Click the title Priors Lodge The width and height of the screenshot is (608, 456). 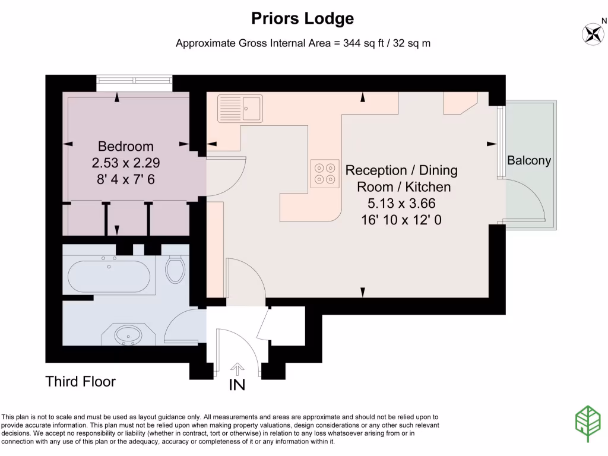[x=303, y=18]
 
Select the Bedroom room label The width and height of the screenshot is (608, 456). [x=126, y=146]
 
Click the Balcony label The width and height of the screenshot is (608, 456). [x=529, y=160]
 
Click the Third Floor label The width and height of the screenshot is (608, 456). [x=81, y=381]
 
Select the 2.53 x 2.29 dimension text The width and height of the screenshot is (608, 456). [x=126, y=163]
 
